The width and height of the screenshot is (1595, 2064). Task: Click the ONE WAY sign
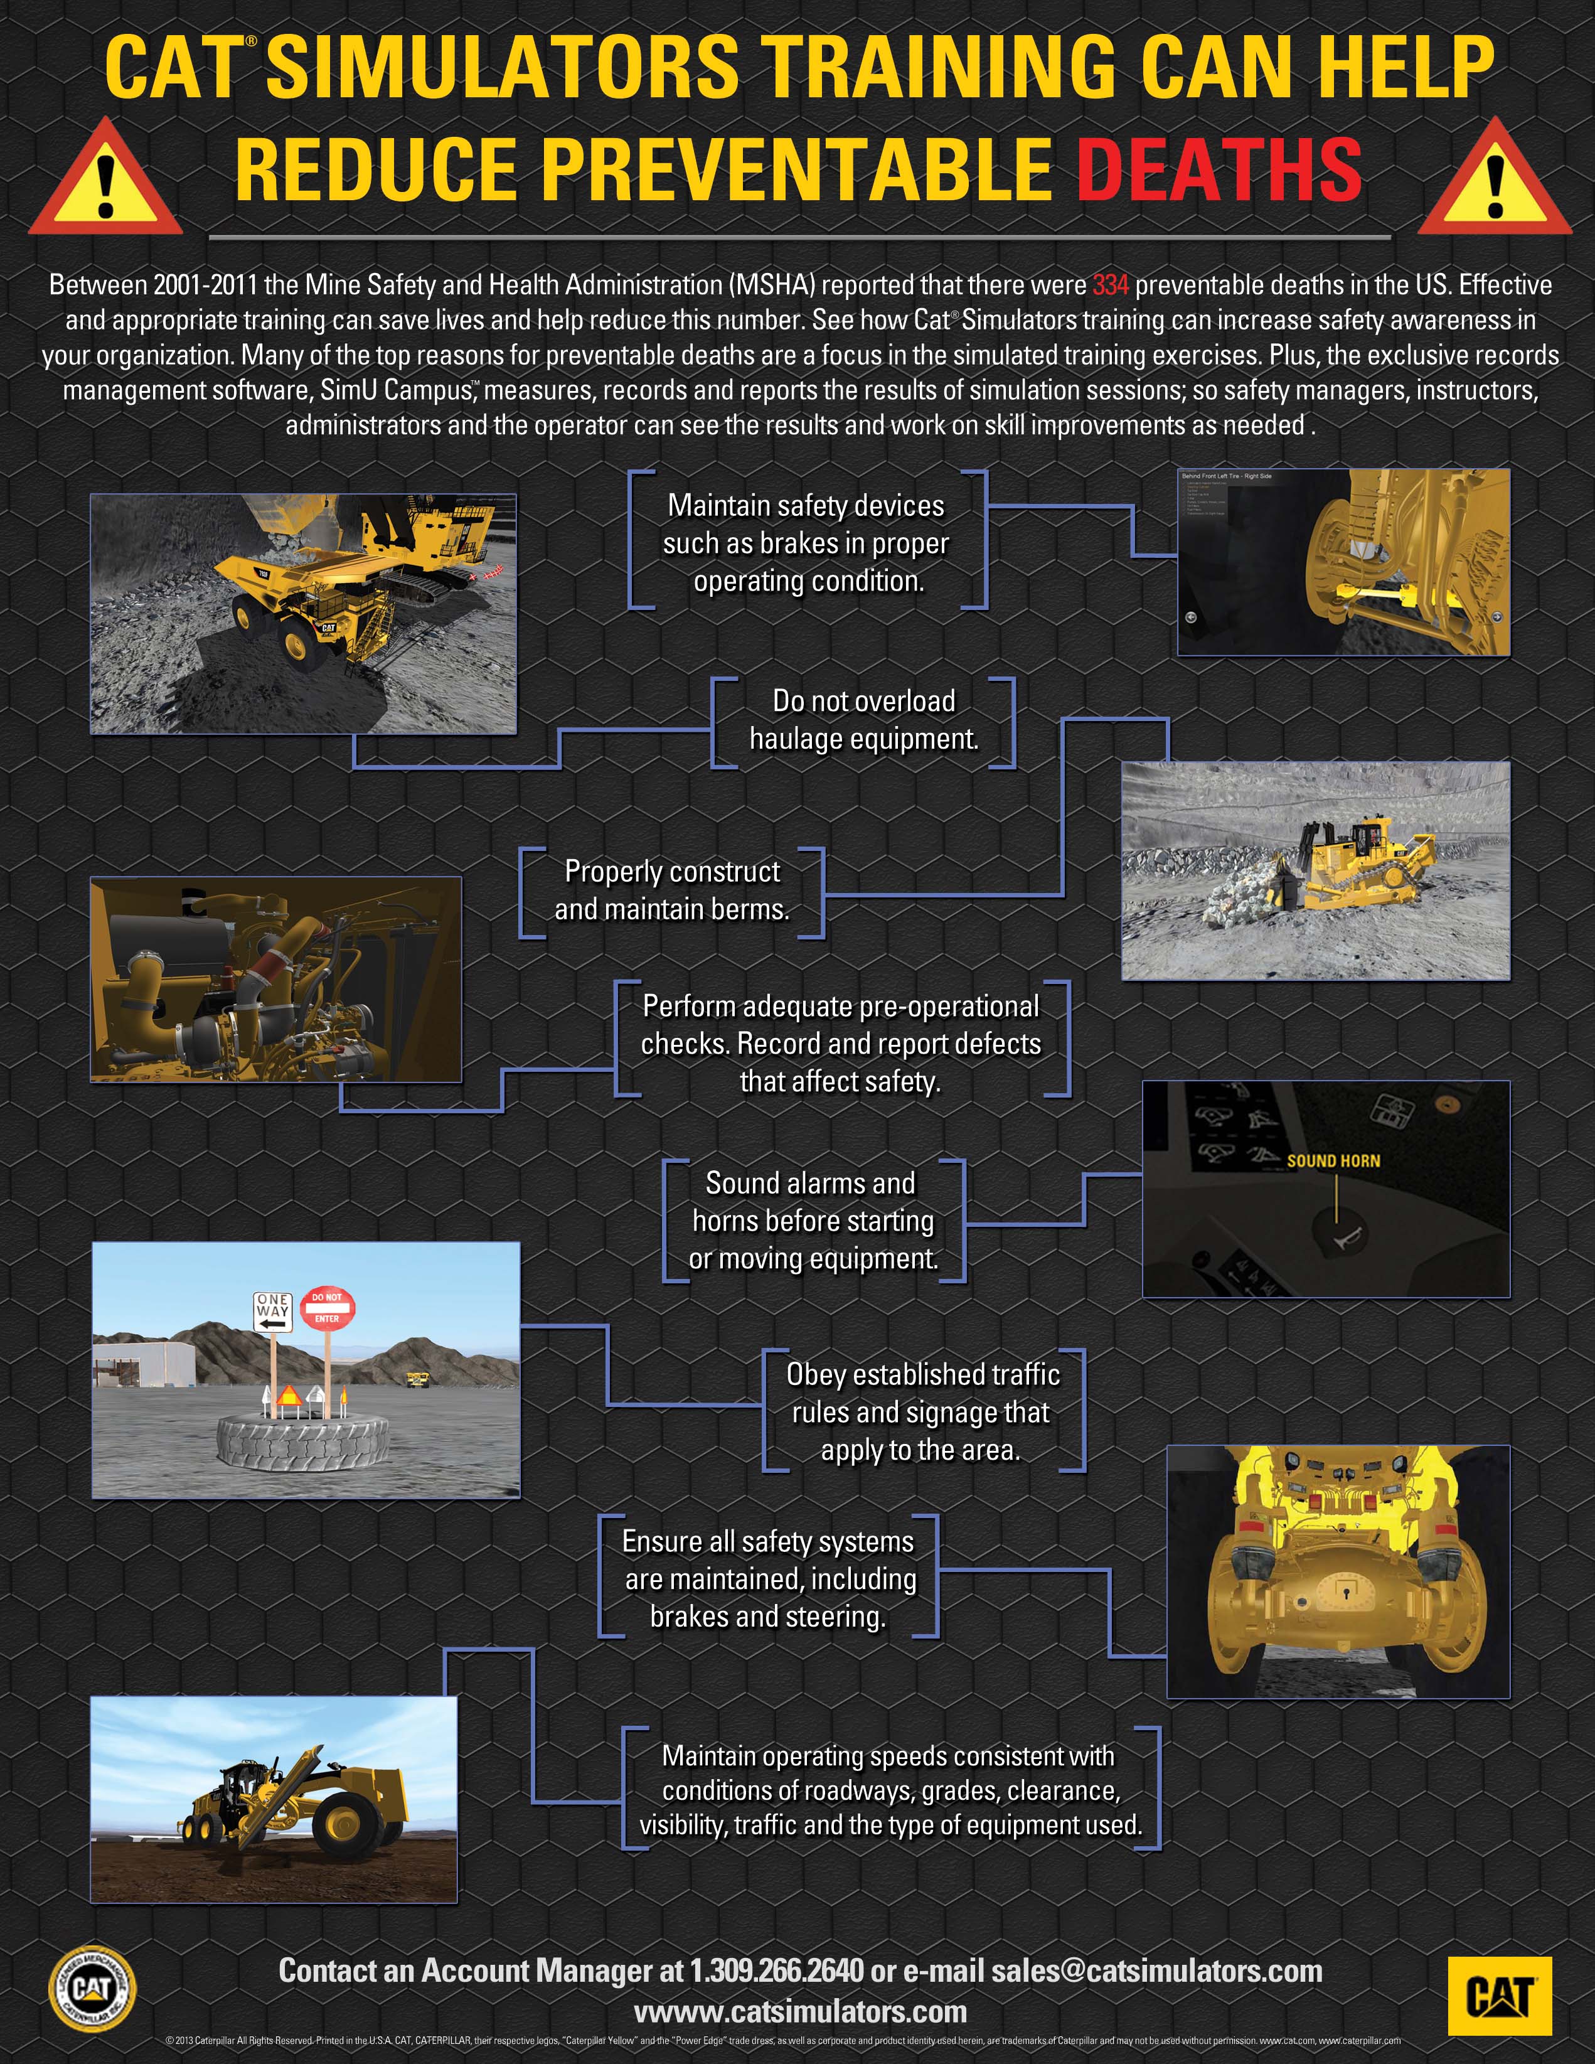pos(272,1312)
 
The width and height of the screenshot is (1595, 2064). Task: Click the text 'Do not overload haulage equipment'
pos(863,720)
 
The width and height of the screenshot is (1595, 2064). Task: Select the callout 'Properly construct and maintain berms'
pos(672,890)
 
